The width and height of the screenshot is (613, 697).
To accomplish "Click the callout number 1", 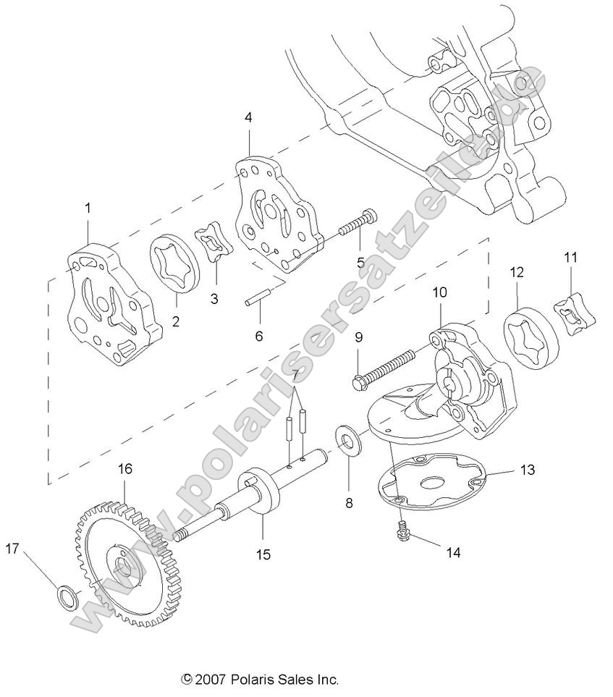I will pyautogui.click(x=88, y=208).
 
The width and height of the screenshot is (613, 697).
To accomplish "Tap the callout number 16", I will pyautogui.click(x=124, y=469).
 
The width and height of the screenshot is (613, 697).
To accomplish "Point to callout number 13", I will pyautogui.click(x=527, y=470).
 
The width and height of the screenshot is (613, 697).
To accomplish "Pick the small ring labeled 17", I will pyautogui.click(x=66, y=598).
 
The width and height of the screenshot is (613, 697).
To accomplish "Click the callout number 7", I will pyautogui.click(x=295, y=375).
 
